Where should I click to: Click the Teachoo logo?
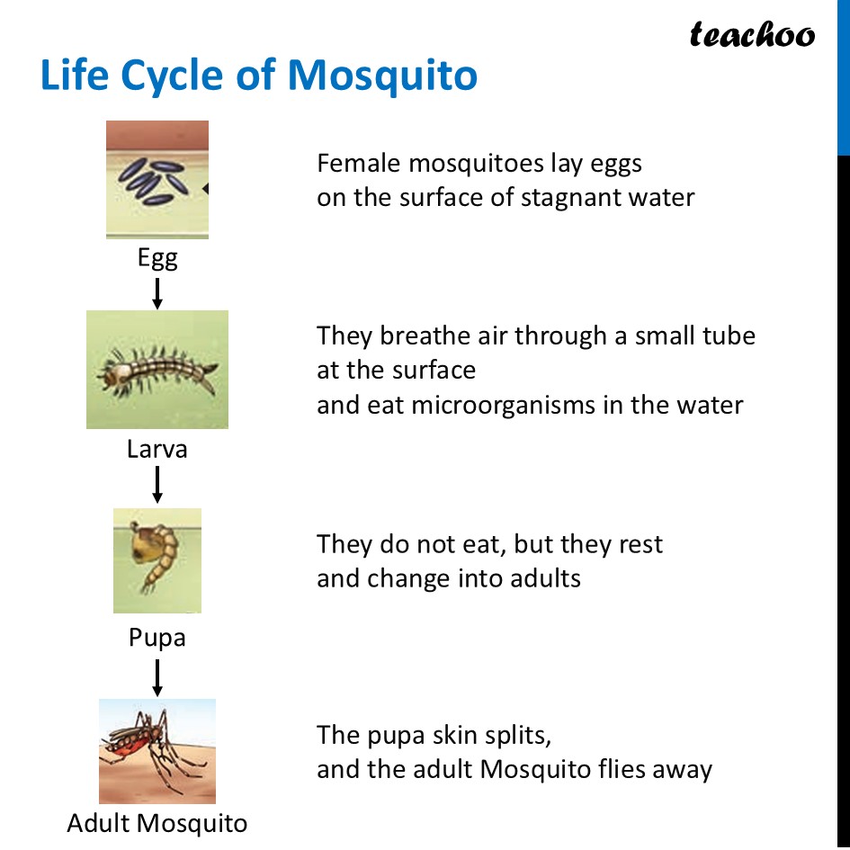point(752,34)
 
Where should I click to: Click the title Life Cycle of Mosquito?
point(259,76)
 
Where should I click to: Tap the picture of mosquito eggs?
point(157,179)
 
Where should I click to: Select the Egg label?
point(157,258)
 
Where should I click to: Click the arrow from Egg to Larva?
point(157,293)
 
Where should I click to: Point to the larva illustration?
point(157,369)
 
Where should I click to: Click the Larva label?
point(157,449)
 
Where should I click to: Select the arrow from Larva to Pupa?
point(157,484)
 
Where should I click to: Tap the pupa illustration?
point(157,559)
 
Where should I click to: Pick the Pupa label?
point(157,638)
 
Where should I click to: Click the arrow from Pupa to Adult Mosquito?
point(157,677)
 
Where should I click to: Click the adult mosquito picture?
point(157,751)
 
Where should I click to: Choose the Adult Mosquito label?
point(157,823)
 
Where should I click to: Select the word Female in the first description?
point(359,164)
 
